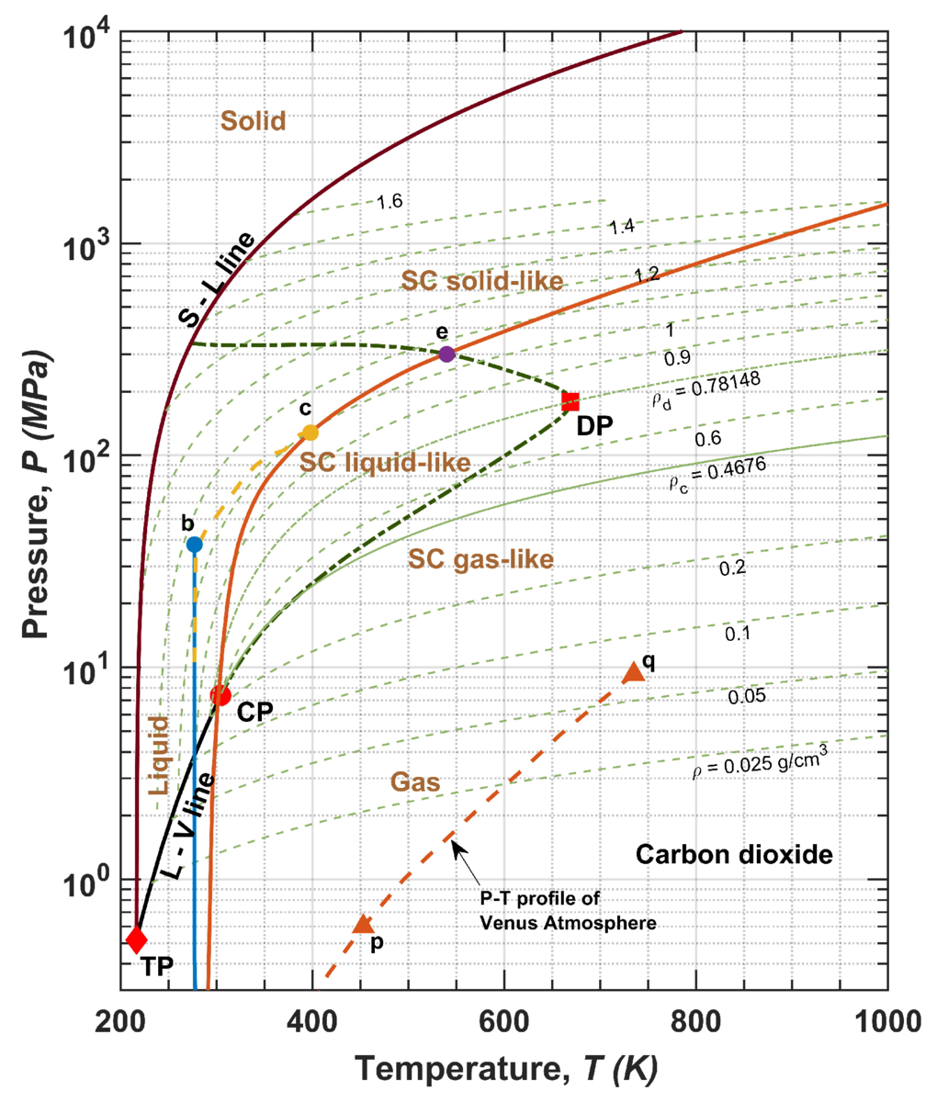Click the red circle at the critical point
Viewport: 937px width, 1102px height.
click(x=220, y=695)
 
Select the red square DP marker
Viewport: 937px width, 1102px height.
click(x=570, y=401)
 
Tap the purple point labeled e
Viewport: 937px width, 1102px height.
click(x=446, y=354)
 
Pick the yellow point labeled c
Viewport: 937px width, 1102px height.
click(x=310, y=433)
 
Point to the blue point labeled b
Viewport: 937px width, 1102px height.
click(x=194, y=545)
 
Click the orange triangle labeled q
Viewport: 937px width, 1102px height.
click(x=633, y=671)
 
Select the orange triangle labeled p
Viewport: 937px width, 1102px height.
click(x=363, y=924)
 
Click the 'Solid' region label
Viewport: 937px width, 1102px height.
click(x=253, y=121)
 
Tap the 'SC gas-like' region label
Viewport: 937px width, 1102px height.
click(x=480, y=560)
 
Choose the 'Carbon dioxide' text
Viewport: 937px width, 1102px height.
click(x=734, y=855)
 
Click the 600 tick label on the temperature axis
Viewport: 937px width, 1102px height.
click(x=503, y=1022)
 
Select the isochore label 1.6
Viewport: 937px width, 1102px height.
click(x=389, y=201)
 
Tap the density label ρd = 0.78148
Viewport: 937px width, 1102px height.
click(x=706, y=391)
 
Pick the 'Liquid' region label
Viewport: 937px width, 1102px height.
click(x=158, y=756)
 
